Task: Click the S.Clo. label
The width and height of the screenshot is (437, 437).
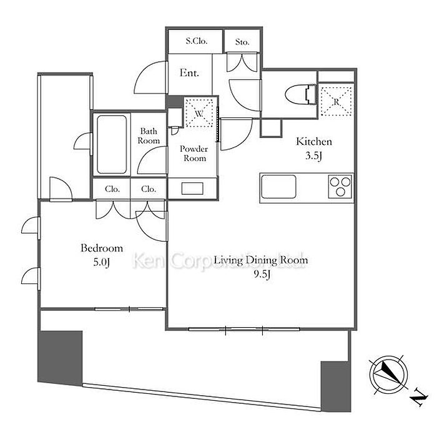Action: (x=195, y=42)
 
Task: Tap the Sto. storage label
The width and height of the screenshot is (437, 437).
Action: (x=243, y=42)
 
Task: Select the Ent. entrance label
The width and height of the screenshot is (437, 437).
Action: (x=189, y=73)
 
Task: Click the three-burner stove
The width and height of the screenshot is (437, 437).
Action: (x=340, y=185)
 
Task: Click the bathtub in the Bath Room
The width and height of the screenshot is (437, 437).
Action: (x=113, y=144)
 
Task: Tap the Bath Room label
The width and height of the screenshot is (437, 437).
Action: (x=149, y=135)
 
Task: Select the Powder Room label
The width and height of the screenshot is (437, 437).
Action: (x=193, y=153)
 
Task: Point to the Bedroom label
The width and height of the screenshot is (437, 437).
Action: (x=102, y=248)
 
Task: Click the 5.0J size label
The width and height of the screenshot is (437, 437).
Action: (x=102, y=262)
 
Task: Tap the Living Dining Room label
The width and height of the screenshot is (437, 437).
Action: (x=261, y=260)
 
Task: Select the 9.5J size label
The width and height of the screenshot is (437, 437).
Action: (x=261, y=275)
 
